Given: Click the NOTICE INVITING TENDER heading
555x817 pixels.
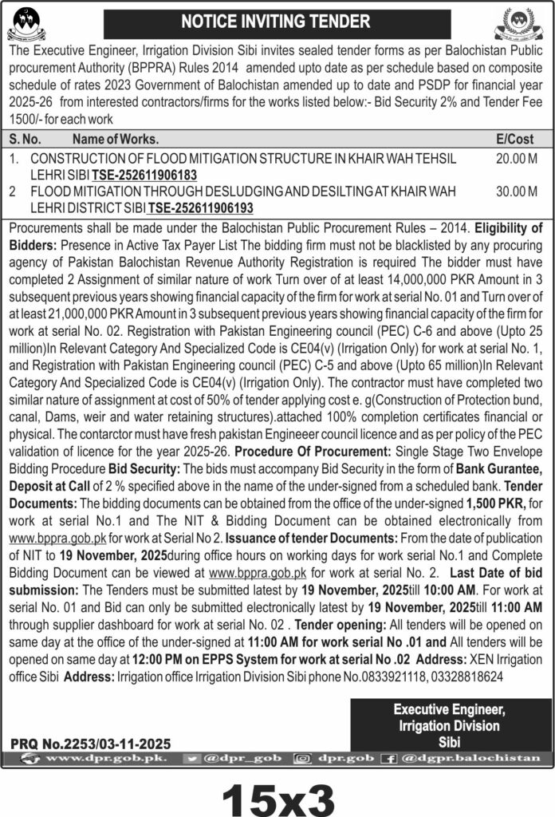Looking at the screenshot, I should click(278, 22).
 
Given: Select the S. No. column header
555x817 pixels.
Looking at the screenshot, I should click(26, 139).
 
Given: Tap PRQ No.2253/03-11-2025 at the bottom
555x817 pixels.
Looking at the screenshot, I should click(91, 743).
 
